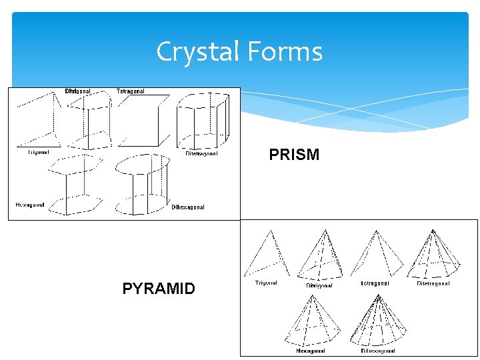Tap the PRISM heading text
pos(294,155)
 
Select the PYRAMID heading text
pos(159,289)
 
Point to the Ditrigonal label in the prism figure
pos(78,91)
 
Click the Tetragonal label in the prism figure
pos(131,91)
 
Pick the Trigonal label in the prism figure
pos(38,152)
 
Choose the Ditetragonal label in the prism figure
pos(201,153)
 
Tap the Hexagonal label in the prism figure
pos(30,205)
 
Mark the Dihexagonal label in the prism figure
pos(188,207)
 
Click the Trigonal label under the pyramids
pos(266,283)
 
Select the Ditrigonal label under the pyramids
pos(319,285)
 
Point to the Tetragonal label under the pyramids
pos(374,283)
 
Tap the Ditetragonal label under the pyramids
pos(433,283)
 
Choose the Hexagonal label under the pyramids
pos(311,350)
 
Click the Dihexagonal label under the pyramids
pos(378,350)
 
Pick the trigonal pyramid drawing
pos(269,253)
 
